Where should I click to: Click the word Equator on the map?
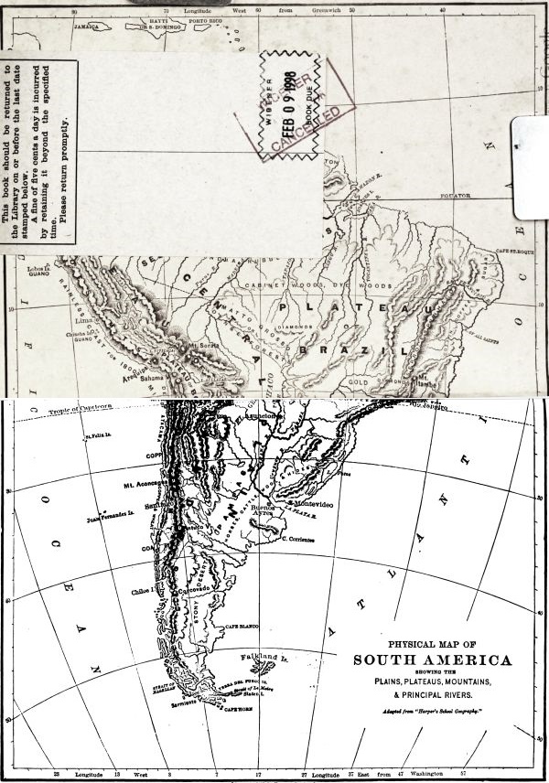(454, 196)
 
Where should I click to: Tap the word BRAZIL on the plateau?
(362, 349)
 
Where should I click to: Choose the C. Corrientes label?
(297, 540)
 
